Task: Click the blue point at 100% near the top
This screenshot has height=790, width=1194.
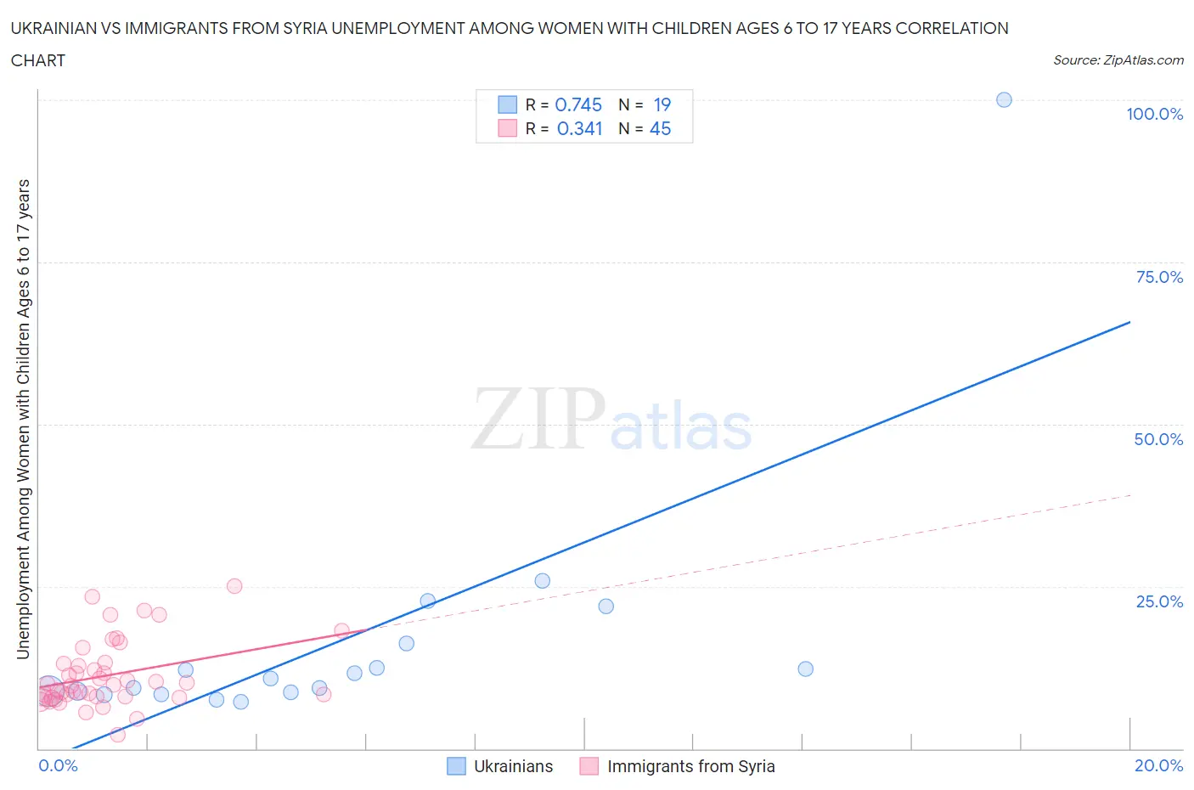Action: point(1004,99)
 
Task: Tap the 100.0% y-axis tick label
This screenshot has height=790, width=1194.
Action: point(1154,114)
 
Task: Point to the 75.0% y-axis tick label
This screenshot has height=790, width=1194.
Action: point(1159,277)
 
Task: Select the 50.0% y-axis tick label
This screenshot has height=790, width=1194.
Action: point(1158,439)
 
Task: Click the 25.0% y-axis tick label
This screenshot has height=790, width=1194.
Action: point(1159,601)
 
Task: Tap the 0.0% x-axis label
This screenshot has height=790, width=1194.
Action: point(58,765)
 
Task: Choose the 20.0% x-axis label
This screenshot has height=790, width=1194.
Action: point(1158,765)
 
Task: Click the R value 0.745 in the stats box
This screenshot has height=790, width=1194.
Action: point(577,104)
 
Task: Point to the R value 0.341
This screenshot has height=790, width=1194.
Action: point(579,128)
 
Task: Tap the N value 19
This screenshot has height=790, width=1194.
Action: point(662,104)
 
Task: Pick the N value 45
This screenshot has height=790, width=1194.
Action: point(660,128)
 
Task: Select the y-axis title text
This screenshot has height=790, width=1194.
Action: point(24,419)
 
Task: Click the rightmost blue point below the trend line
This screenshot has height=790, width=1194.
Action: point(805,669)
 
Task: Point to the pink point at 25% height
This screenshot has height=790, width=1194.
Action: point(234,586)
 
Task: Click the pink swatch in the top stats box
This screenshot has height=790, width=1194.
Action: point(507,128)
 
